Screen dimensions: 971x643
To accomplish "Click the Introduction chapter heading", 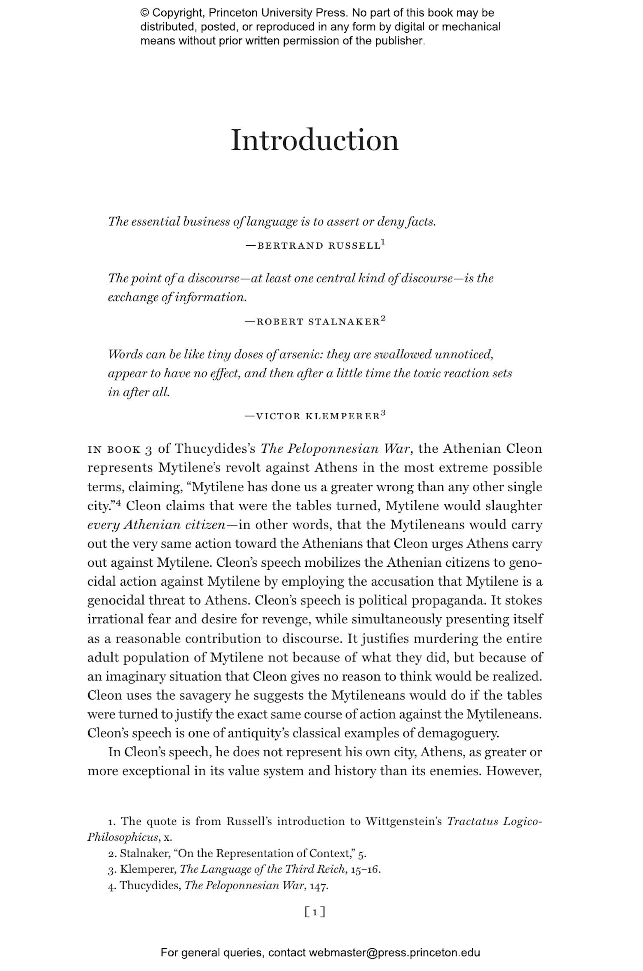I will (315, 140).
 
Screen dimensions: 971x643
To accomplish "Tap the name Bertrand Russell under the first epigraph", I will (318, 246).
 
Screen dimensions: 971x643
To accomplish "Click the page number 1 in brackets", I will (315, 912).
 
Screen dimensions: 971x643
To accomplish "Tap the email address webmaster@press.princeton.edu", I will (394, 953).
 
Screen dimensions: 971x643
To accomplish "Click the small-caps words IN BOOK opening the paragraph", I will (114, 450).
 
